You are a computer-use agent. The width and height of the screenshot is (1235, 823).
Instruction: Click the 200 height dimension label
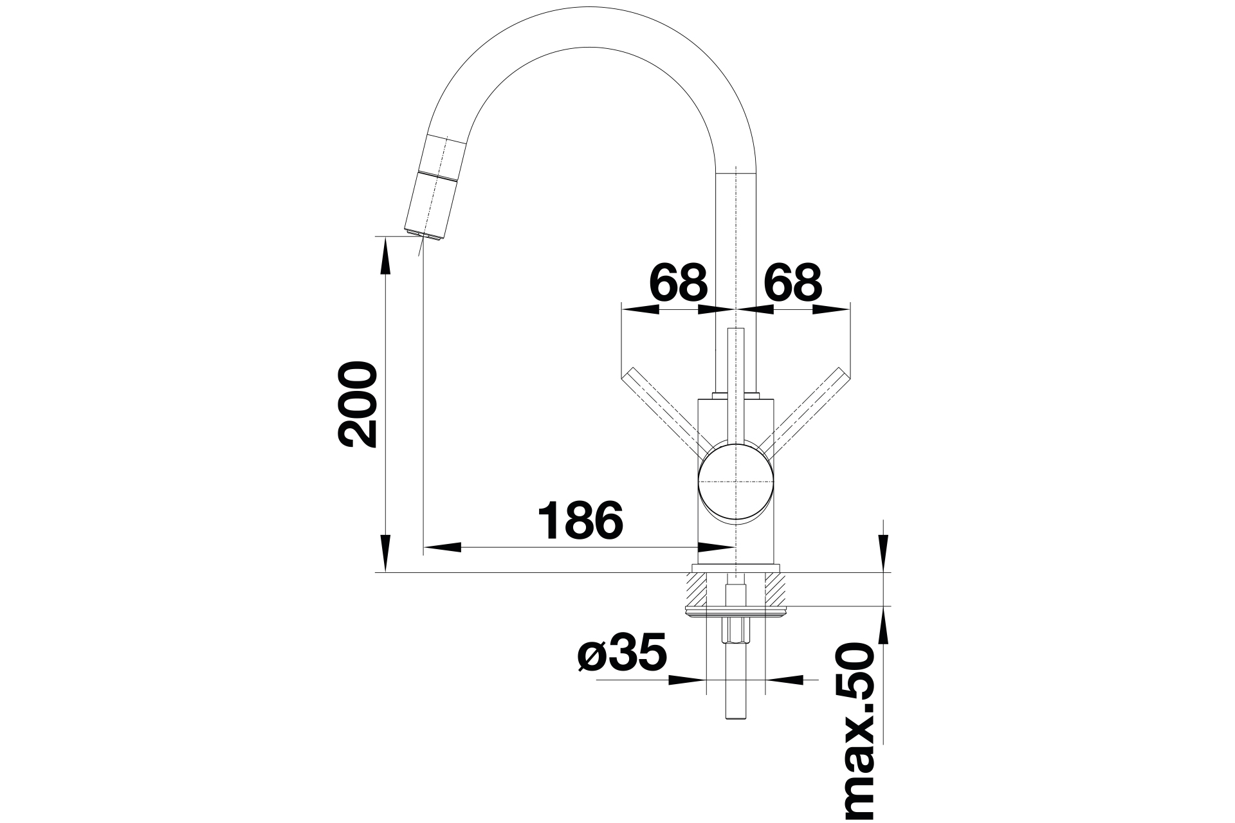357,404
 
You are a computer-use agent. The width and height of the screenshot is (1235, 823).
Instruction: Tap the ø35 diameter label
621,653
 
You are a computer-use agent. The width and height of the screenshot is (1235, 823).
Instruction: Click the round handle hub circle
735,482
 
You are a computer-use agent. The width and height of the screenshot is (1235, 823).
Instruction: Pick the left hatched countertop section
695,589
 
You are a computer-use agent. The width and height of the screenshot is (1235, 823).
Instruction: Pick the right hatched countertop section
775,589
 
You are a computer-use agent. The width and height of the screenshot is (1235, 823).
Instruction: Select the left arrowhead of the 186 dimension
443,548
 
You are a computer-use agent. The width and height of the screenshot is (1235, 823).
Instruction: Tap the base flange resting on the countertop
735,568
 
